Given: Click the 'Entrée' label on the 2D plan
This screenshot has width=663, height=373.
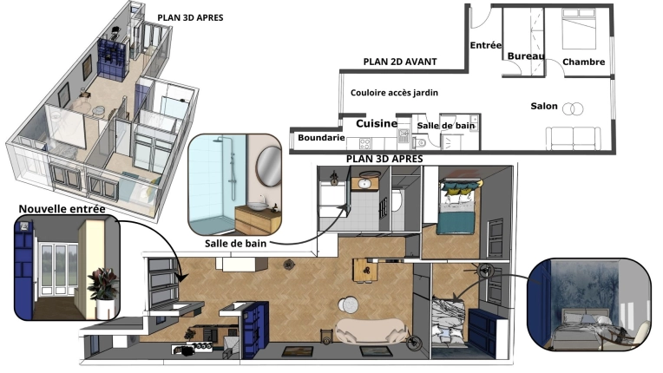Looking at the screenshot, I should (x=485, y=45).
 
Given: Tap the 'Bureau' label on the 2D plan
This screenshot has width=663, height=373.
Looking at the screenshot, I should (x=526, y=56).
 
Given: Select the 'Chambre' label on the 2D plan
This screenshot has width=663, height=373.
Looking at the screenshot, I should (x=583, y=62).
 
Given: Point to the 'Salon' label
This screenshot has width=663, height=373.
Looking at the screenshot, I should (x=544, y=106).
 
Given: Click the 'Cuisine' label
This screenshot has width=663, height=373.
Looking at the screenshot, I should (x=377, y=124).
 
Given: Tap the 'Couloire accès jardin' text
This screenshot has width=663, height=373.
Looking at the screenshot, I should (x=394, y=92).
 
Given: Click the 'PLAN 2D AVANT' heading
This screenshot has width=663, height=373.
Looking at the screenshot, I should (x=400, y=62).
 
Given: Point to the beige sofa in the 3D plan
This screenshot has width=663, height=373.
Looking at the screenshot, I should (x=369, y=330).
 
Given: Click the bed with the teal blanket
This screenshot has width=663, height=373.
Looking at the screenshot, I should (x=456, y=208).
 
